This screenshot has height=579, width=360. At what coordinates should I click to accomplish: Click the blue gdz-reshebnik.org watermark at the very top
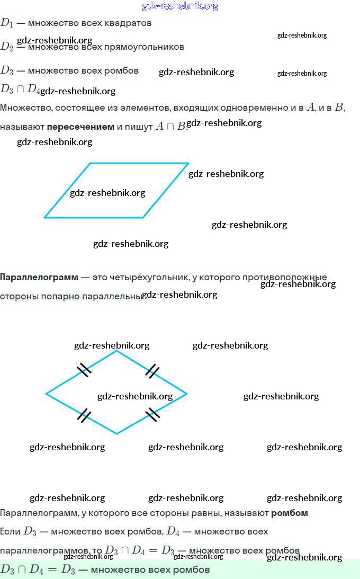click(180, 6)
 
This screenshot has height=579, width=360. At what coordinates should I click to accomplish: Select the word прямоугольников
click(151, 47)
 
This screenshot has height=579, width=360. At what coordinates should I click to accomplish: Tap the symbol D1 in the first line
click(6, 23)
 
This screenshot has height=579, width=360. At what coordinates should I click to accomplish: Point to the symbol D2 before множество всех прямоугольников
click(6, 47)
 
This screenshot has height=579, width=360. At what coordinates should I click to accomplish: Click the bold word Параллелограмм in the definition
click(39, 277)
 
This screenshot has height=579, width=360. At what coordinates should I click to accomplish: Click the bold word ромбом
click(290, 513)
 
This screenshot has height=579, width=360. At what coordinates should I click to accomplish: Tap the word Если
click(11, 531)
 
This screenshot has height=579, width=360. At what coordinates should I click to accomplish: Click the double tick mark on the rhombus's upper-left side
click(84, 369)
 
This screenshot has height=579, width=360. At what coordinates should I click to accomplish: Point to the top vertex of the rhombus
click(116, 351)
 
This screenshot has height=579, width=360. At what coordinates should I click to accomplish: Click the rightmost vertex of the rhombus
click(187, 394)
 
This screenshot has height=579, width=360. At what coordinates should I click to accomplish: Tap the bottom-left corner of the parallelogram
click(45, 217)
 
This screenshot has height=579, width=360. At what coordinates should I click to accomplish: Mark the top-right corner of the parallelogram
click(188, 163)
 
